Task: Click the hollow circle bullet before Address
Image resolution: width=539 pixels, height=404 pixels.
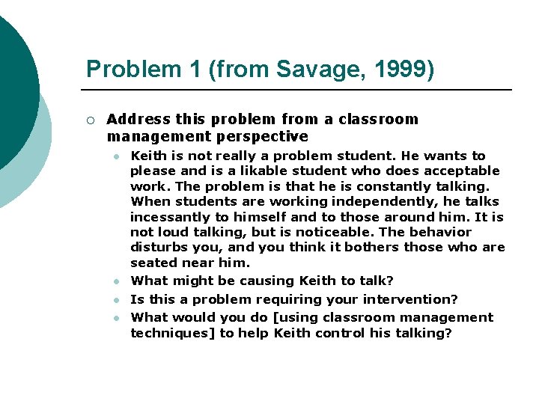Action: pos(90,120)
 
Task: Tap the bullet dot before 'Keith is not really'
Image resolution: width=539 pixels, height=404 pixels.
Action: pos(117,156)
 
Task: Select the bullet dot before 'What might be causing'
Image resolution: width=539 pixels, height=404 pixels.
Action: pos(117,281)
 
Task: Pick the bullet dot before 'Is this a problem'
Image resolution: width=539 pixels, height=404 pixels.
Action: pos(117,299)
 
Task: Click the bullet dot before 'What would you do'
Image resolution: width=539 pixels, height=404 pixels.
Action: pos(117,318)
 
